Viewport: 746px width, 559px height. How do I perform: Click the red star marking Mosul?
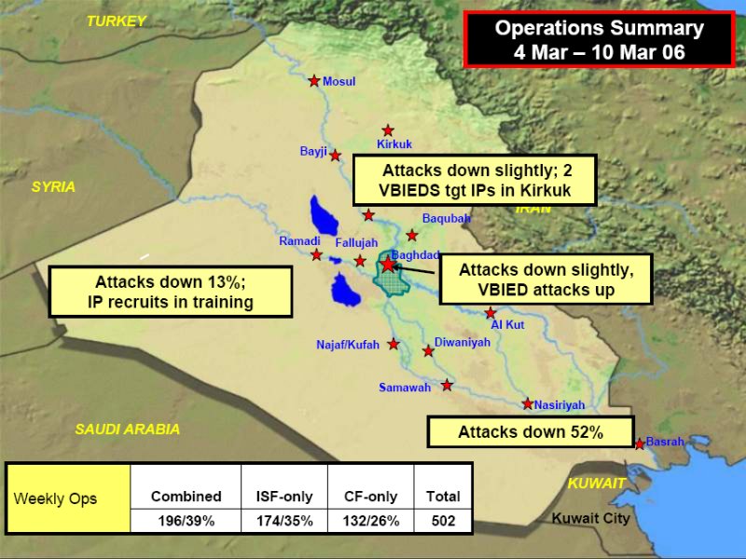click(314, 81)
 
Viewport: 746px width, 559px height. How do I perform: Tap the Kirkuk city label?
click(394, 144)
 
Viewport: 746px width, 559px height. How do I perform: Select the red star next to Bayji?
click(336, 156)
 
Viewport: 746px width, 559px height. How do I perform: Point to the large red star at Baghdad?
click(388, 264)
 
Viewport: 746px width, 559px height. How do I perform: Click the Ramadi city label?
click(299, 241)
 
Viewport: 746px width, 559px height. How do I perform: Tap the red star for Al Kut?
click(490, 313)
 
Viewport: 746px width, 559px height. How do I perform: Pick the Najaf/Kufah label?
click(348, 345)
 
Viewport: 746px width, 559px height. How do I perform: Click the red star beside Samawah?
click(447, 385)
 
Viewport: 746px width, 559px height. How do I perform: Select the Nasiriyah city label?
click(559, 405)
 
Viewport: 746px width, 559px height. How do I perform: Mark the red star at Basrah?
click(640, 444)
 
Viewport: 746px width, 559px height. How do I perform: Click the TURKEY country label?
click(117, 20)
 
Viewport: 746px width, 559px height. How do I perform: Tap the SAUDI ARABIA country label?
click(128, 429)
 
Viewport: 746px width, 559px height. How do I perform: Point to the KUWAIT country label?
click(597, 484)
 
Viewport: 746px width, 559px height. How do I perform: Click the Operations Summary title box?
click(600, 39)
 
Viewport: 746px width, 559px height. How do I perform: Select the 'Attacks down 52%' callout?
click(531, 431)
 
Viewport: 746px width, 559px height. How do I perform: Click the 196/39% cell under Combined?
click(186, 521)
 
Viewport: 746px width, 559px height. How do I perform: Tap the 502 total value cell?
click(444, 521)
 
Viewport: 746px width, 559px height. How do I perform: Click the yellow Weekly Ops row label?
click(68, 498)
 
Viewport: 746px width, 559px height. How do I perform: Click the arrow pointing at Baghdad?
click(414, 270)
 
